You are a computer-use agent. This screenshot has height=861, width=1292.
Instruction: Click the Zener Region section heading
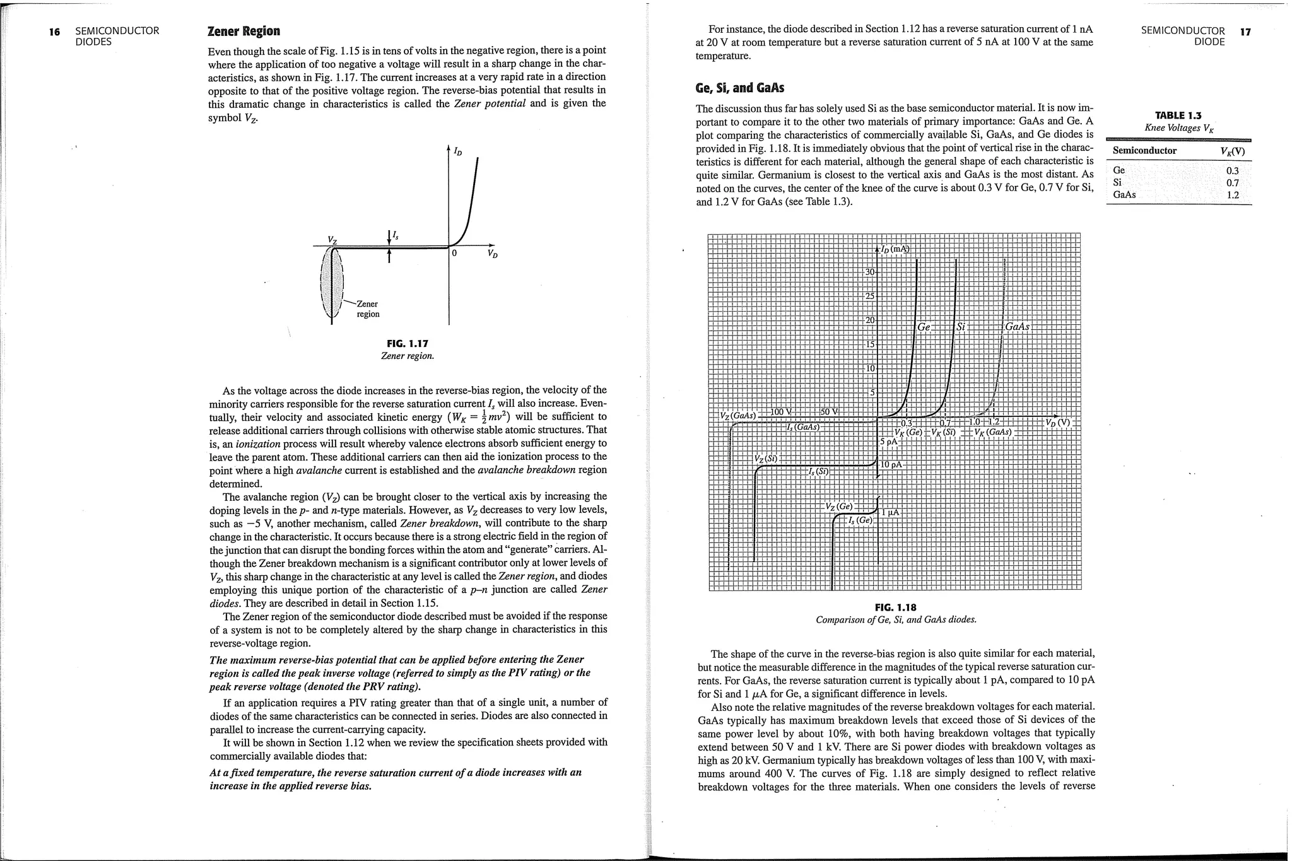pos(244,32)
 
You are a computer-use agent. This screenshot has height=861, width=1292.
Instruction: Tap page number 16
pos(55,32)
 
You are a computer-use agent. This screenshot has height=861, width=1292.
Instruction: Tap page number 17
pos(1245,32)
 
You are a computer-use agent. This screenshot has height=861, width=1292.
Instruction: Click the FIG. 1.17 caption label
pos(407,344)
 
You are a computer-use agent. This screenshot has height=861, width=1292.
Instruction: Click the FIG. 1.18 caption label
pos(895,607)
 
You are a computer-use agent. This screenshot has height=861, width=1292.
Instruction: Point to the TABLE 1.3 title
pos(1178,115)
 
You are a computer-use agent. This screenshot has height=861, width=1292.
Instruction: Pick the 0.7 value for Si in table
pos(1232,183)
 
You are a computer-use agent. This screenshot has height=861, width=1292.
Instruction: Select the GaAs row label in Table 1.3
pos(1124,195)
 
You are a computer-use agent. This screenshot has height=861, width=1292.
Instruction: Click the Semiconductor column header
pos(1144,151)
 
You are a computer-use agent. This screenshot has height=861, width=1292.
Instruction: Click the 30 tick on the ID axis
pos(870,272)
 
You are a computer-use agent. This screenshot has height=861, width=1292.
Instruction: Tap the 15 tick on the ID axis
pos(870,344)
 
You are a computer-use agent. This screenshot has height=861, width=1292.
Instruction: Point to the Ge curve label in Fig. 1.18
pos(924,327)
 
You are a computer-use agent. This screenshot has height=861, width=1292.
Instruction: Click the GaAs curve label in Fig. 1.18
pos(1017,327)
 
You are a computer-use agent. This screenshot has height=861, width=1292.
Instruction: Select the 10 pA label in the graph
pos(891,465)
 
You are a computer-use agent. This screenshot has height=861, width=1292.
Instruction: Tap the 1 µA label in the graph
pos(890,512)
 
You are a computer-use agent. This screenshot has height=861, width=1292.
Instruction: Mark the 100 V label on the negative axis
pos(780,412)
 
